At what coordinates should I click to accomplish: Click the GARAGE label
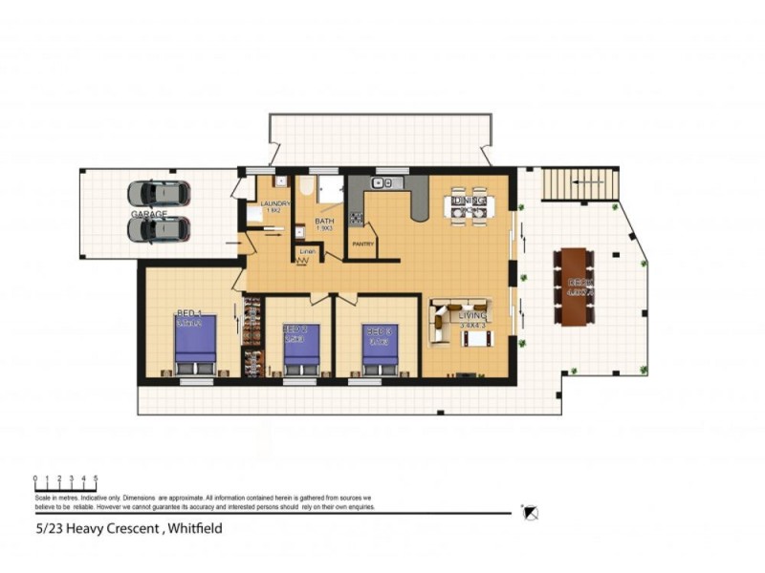coord(148,214)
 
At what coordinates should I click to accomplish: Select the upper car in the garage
coord(159,193)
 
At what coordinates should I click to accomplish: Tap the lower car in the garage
coord(159,229)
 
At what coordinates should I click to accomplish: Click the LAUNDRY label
coord(275,203)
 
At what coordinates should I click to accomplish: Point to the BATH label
coord(325,222)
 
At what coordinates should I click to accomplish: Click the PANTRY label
coord(362,244)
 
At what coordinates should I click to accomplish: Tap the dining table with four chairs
coord(470,207)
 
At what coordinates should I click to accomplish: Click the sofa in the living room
coord(442,323)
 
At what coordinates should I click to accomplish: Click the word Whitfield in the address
coord(193,527)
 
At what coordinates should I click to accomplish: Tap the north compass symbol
coord(531,513)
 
